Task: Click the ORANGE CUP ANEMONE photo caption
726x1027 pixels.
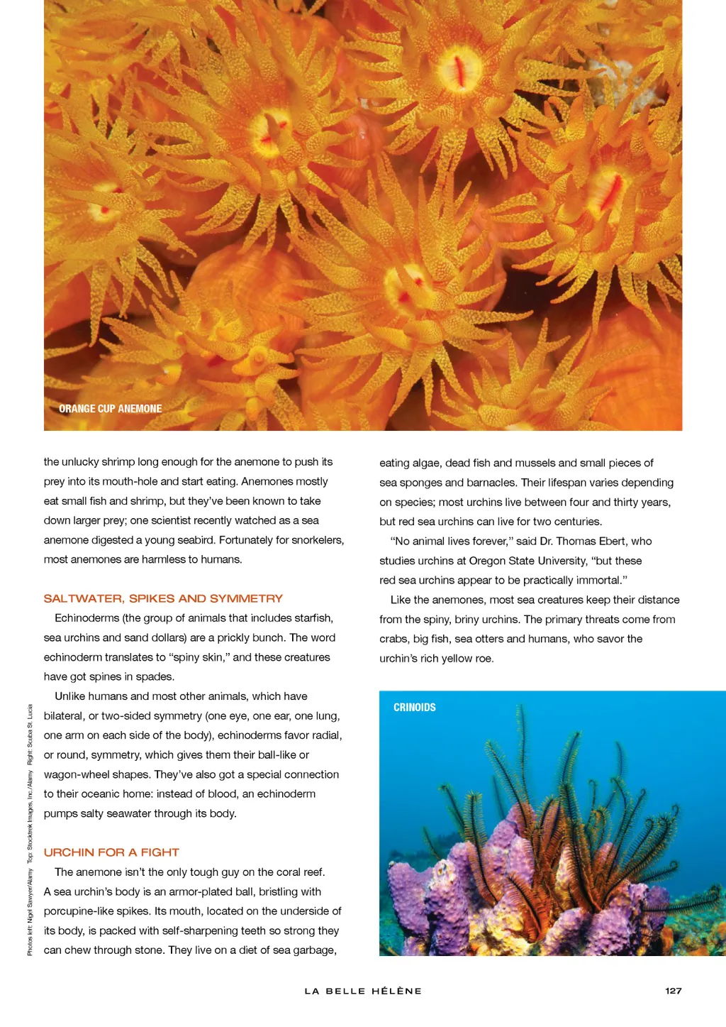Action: click(110, 409)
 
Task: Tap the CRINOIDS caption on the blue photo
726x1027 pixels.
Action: click(415, 708)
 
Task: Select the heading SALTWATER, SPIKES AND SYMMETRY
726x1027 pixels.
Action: click(163, 598)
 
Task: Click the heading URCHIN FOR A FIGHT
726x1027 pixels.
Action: click(111, 852)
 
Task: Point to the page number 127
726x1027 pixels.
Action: click(674, 991)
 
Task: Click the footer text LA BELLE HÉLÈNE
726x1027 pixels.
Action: click(363, 991)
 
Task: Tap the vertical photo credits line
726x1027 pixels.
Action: click(30, 829)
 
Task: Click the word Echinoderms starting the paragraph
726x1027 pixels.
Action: click(86, 618)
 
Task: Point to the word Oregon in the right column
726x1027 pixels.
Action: click(485, 561)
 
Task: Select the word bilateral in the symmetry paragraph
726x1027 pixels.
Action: click(68, 716)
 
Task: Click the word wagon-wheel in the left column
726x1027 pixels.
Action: click(77, 774)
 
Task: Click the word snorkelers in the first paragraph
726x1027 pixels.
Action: click(313, 540)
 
